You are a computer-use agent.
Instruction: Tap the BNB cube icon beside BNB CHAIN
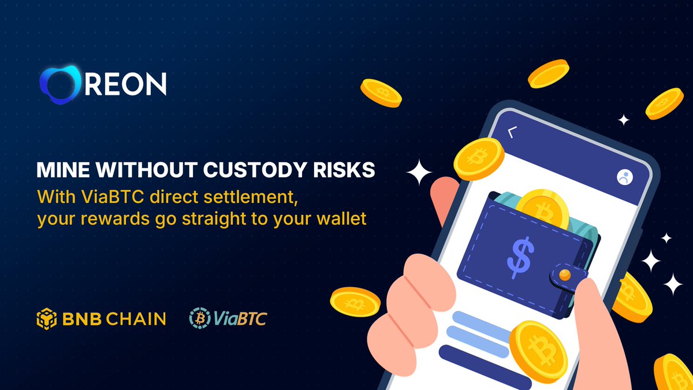click(x=47, y=318)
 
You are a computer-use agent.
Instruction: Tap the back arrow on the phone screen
click(x=511, y=132)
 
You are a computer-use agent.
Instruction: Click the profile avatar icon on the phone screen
click(x=624, y=177)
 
